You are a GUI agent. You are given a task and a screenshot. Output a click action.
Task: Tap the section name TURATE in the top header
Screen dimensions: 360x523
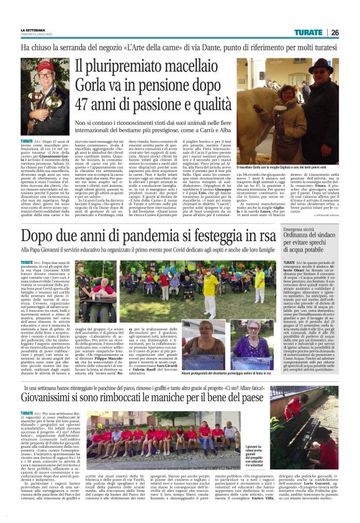308,32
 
